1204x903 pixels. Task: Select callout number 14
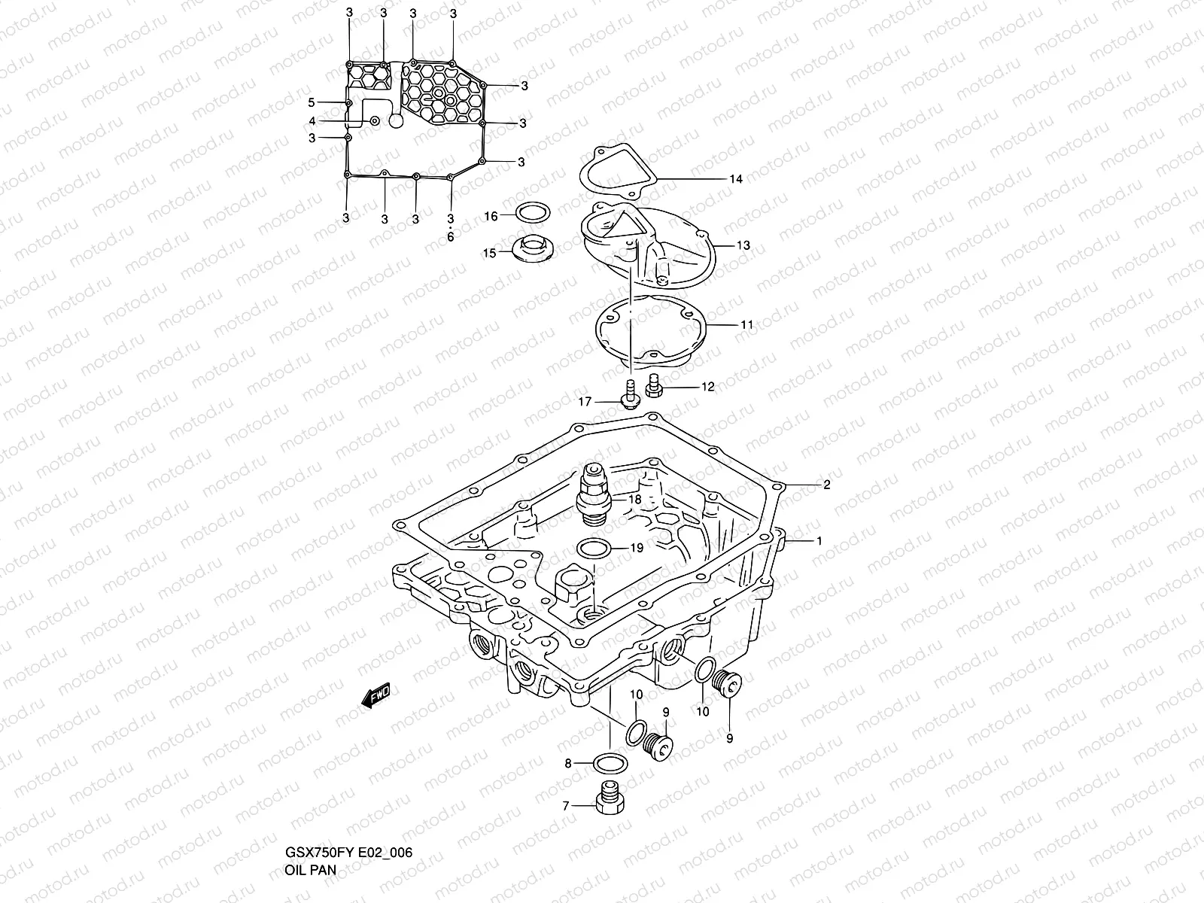[x=735, y=179]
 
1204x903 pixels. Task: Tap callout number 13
[x=743, y=245]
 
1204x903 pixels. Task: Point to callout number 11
[x=746, y=325]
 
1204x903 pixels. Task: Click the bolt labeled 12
[x=653, y=388]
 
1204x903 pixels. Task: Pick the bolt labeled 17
[x=629, y=393]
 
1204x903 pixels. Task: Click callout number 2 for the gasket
[x=826, y=485]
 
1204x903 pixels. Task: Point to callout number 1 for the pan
[x=819, y=541]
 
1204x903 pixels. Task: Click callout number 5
[x=312, y=102]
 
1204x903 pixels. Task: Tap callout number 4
[x=312, y=121]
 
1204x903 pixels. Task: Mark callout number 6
[x=451, y=237]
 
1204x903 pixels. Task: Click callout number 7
[x=565, y=806]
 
